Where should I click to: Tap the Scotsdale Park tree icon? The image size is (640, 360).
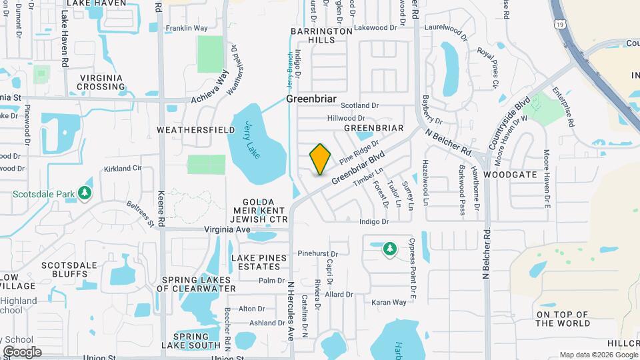tap(85, 193)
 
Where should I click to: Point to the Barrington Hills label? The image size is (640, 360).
tap(321, 35)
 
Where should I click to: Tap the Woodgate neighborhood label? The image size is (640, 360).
tap(510, 174)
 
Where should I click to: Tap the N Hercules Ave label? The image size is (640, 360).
tap(291, 311)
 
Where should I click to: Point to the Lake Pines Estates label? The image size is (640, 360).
tap(259, 262)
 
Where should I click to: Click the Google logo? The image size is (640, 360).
tap(22, 351)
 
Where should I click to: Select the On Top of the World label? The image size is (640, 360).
tap(562, 319)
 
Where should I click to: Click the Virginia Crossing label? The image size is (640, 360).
tap(101, 82)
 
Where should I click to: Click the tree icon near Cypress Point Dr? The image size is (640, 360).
tap(389, 249)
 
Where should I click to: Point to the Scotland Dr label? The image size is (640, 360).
tap(359, 105)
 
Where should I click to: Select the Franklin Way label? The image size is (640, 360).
tap(187, 28)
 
